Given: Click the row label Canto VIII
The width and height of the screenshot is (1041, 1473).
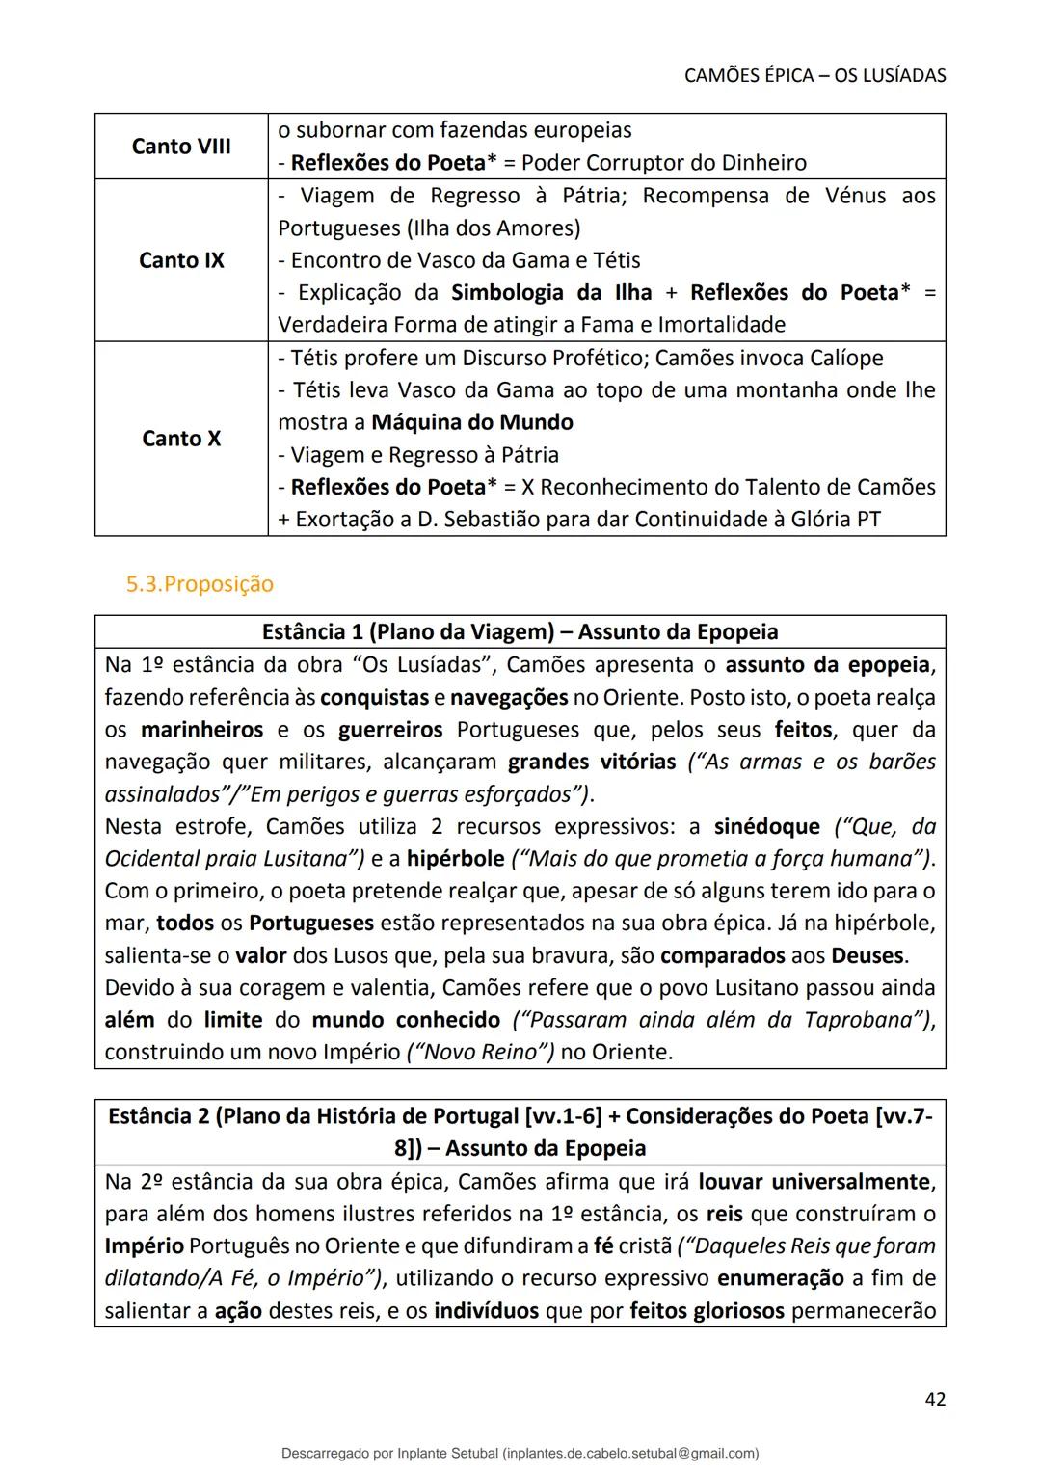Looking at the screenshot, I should [181, 147].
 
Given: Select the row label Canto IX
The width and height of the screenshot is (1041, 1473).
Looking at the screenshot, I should [181, 260].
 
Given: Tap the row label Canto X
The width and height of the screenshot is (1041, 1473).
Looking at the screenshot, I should [181, 439].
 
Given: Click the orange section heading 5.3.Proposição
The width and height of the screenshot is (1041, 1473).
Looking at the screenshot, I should [200, 584].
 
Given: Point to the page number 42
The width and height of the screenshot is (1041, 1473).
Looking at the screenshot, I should [934, 1399].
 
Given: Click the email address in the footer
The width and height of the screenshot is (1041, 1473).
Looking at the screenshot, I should [630, 1453].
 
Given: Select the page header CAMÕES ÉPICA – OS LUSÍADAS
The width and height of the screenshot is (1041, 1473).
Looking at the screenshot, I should [814, 75].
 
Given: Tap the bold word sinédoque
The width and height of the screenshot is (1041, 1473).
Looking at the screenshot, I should [766, 827].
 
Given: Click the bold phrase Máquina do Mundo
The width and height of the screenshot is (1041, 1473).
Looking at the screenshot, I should [472, 422].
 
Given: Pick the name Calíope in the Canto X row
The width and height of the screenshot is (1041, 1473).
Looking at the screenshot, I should [845, 358].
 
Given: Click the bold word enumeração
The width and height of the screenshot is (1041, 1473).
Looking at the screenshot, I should [780, 1278].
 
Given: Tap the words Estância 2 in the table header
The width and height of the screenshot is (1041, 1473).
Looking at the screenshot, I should [158, 1116].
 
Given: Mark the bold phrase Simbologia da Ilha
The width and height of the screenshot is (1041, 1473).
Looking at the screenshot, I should [551, 293].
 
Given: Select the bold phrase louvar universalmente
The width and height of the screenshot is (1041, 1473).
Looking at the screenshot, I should [814, 1182].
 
